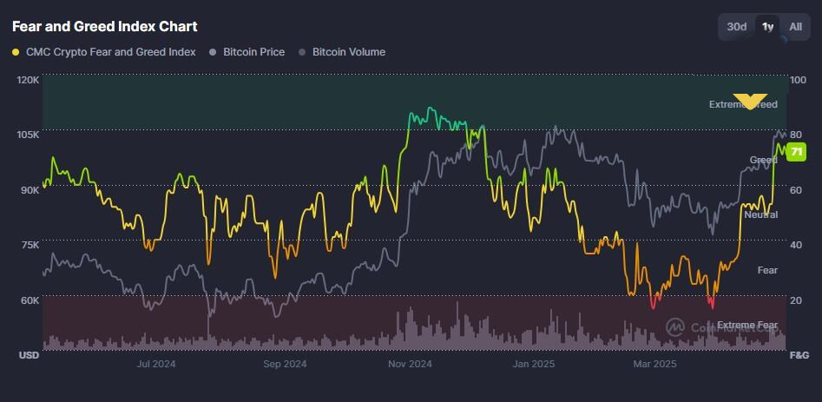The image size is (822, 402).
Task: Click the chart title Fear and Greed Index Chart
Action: [104, 27]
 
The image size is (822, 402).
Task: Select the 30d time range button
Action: [736, 27]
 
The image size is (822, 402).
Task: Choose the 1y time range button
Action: [767, 27]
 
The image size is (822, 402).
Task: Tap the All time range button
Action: [795, 27]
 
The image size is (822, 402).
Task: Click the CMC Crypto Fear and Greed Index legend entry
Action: [104, 52]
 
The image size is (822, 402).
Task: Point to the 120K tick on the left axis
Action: [29, 80]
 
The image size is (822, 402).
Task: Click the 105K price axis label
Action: [29, 135]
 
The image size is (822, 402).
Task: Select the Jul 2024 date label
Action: [156, 364]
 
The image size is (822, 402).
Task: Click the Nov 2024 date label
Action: [409, 364]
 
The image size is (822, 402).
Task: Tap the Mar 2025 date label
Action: [655, 364]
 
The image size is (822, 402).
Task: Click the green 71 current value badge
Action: [797, 152]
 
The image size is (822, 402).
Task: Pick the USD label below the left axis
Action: [29, 355]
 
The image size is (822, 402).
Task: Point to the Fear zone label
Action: [767, 270]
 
